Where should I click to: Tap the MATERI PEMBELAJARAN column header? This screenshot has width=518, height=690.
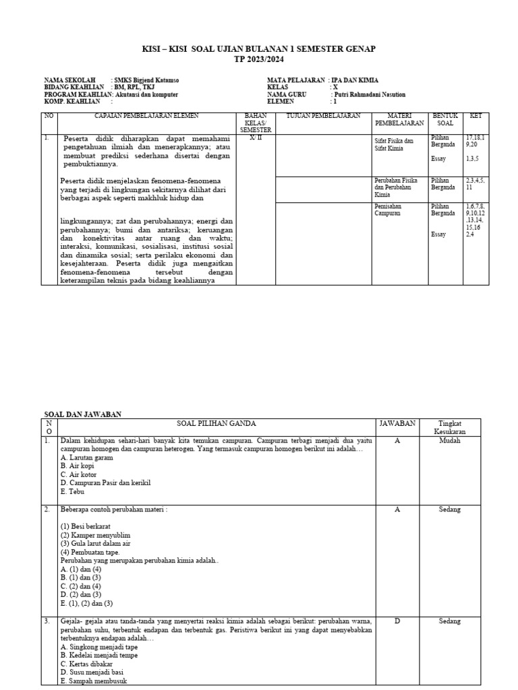[x=399, y=120]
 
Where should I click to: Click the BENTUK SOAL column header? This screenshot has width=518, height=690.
[x=445, y=120]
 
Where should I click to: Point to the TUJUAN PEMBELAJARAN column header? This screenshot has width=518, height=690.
[x=324, y=117]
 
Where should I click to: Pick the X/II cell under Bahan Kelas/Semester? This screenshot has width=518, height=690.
[x=257, y=137]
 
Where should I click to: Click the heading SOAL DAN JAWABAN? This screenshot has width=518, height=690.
[x=83, y=414]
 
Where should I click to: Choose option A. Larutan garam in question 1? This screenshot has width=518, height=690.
[x=86, y=458]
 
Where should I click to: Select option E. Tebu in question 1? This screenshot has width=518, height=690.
[x=72, y=492]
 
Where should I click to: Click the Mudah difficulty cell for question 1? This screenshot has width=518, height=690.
[x=449, y=441]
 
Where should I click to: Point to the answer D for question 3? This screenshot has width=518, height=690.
[x=397, y=621]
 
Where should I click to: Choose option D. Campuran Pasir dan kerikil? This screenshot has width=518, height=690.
[x=105, y=483]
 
